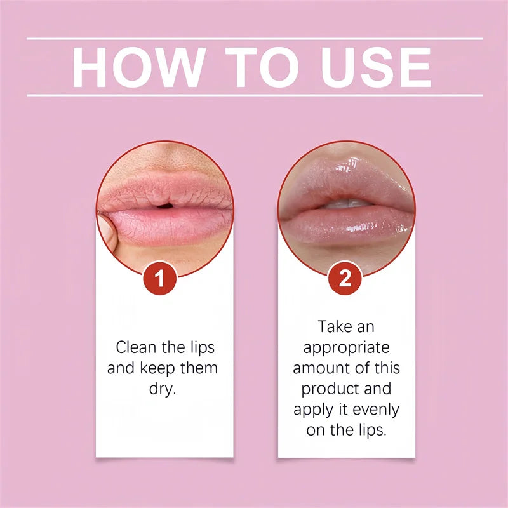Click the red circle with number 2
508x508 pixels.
pos(345,279)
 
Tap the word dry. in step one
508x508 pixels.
pos(162,388)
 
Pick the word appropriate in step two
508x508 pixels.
pos(346,348)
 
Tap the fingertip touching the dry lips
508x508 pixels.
pos(110,229)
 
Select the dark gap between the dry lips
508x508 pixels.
pos(164,204)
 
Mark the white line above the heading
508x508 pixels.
pos(254,39)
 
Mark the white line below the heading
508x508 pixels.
pos(254,95)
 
